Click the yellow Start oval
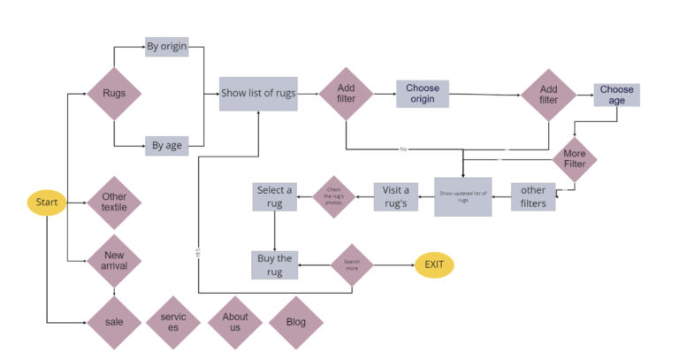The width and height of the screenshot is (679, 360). click(x=46, y=203)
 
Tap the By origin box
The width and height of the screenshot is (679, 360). click(x=167, y=46)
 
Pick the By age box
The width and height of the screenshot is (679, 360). click(x=167, y=145)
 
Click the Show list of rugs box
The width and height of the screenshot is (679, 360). click(x=258, y=93)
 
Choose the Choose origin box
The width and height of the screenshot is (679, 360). click(x=423, y=94)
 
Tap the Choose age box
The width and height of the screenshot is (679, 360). click(x=616, y=95)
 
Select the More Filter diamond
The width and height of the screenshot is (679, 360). click(x=575, y=159)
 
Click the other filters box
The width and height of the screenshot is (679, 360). click(x=533, y=196)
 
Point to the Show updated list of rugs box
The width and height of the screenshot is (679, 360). click(x=462, y=196)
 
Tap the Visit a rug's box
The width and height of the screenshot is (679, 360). click(x=395, y=196)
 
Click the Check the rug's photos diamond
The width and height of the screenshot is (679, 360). click(x=333, y=196)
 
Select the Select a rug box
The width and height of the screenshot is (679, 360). click(x=274, y=196)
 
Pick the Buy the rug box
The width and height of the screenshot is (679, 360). click(x=274, y=264)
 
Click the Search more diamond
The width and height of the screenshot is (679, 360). click(x=351, y=264)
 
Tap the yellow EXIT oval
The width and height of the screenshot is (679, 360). click(x=434, y=264)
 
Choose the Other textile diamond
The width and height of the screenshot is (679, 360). click(x=114, y=203)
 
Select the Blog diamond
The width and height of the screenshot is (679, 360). click(x=295, y=322)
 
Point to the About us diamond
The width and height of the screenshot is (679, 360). click(x=235, y=322)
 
